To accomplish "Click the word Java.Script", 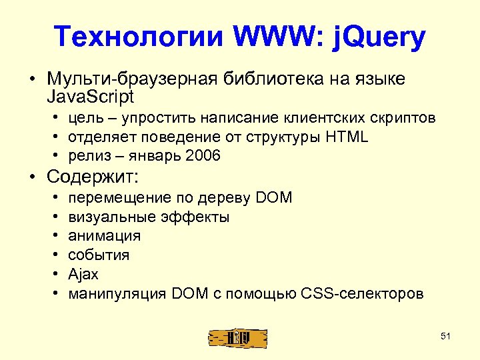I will (x=91, y=97).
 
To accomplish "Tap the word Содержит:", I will (x=93, y=177).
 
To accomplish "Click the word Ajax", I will (x=83, y=274).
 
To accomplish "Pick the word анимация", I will (x=105, y=236).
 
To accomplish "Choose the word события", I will (x=99, y=255).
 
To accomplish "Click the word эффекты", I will (x=195, y=217).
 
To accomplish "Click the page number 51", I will (x=446, y=336).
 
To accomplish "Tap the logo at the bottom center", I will (x=238, y=338).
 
